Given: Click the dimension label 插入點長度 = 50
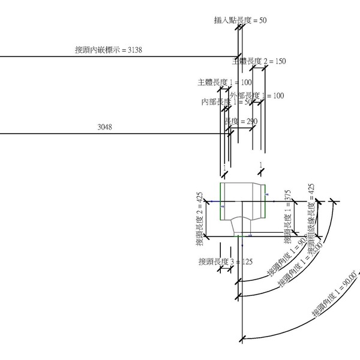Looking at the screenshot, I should pos(240,20).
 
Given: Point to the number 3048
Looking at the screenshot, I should pos(105,127).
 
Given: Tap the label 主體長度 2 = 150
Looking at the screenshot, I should pos(259,61).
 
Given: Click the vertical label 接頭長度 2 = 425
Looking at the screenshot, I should pos(200,219).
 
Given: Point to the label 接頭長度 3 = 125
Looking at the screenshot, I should pos(226,262).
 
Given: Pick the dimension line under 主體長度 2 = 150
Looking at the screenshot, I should pos(259,68).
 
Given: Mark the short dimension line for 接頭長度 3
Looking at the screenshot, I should pos(226,269).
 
